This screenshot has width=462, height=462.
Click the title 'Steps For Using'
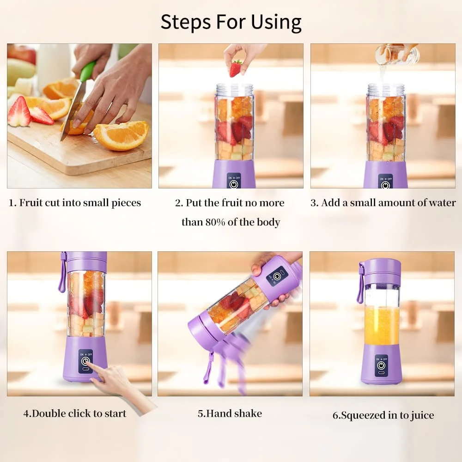coord(231,22)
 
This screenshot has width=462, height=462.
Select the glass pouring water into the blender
coord(396,55)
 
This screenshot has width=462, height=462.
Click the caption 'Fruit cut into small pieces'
coord(75,203)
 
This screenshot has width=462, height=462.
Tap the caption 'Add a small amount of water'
coord(383,203)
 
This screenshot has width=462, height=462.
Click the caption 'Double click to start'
coord(75,413)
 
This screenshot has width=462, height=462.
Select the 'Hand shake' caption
coord(230,413)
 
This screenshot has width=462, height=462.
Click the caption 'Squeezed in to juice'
coord(383,415)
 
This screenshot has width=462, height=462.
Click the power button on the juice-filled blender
coord(381,365)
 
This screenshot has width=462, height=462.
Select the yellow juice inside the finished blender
coord(382,326)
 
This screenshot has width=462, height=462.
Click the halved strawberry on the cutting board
coord(19,113)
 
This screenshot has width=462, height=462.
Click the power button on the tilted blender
coord(277,277)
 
